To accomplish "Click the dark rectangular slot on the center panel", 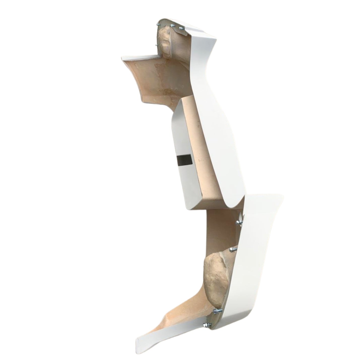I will click(x=184, y=160).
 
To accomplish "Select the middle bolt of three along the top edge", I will click(x=173, y=25).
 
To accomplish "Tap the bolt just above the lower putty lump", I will click(x=232, y=249).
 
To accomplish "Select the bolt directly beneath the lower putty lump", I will click(x=217, y=311).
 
